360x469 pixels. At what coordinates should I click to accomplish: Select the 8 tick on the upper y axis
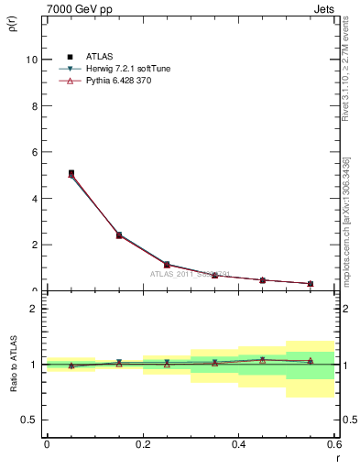tap(36, 105)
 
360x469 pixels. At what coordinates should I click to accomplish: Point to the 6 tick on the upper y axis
tap(36, 152)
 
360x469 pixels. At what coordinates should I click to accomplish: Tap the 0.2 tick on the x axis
tap(143, 443)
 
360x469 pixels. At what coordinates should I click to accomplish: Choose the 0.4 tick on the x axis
tap(239, 443)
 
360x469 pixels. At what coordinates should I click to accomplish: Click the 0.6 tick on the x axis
tap(334, 443)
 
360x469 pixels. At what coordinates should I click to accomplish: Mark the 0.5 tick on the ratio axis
tap(31, 420)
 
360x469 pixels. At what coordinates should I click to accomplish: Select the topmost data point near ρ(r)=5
tap(71, 172)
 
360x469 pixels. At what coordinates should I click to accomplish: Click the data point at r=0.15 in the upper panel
tap(119, 234)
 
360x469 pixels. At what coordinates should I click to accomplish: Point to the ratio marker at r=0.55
tap(311, 361)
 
